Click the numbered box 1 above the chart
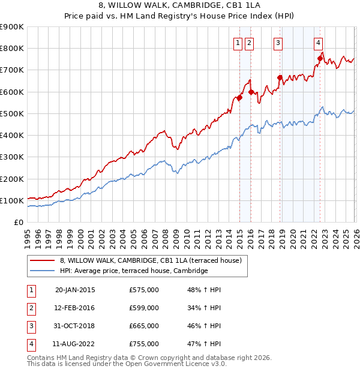tap(238, 42)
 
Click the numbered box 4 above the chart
tap(318, 42)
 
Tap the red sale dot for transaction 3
tap(280, 77)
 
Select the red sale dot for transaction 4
tap(320, 58)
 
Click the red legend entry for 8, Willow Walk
tap(150, 260)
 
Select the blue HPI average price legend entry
tap(133, 271)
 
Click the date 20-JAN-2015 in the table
tap(75, 290)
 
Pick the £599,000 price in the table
tap(144, 308)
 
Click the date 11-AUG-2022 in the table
tap(75, 344)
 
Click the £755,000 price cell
tap(144, 344)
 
